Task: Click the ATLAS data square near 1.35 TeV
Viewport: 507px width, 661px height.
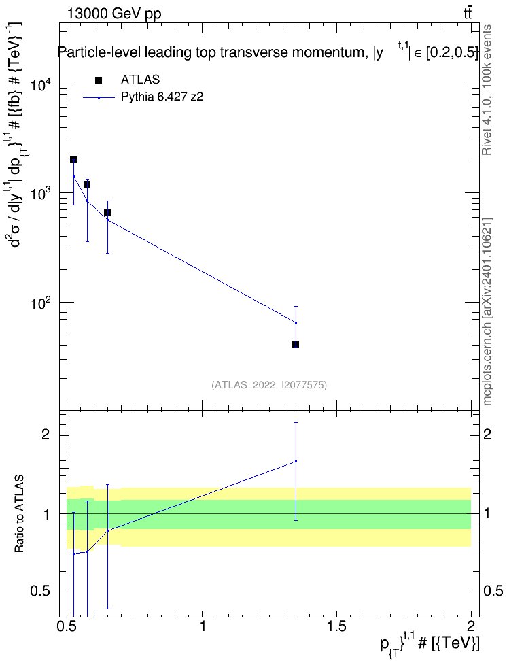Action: [296, 344]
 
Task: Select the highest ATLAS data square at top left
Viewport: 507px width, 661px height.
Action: [73, 159]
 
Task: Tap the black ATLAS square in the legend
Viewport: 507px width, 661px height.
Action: [99, 80]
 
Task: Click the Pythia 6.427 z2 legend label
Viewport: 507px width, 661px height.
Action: [162, 97]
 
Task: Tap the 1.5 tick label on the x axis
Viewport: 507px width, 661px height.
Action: [336, 625]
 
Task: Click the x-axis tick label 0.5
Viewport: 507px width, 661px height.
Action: [67, 625]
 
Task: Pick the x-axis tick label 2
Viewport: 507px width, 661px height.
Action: [471, 625]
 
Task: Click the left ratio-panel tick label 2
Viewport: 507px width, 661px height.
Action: [45, 435]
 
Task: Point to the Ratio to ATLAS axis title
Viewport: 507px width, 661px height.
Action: [19, 513]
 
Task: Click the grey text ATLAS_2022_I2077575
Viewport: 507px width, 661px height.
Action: [269, 384]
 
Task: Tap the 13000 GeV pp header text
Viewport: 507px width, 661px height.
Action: [114, 14]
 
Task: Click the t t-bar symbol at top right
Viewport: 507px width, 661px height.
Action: [468, 13]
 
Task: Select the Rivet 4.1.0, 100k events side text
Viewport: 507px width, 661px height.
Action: [487, 90]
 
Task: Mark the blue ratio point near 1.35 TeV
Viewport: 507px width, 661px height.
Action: [296, 461]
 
